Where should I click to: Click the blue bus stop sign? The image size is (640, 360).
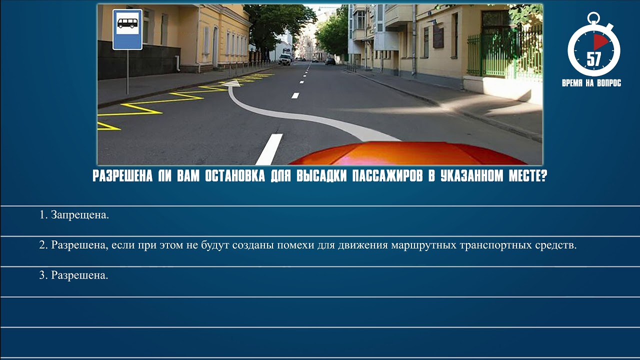pyautogui.click(x=127, y=29)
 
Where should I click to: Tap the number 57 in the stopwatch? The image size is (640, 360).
pyautogui.click(x=593, y=59)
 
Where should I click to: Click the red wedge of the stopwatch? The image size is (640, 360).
pyautogui.click(x=600, y=42)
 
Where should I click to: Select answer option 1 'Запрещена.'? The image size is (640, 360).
pyautogui.click(x=74, y=215)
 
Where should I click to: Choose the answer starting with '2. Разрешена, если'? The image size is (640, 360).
pyautogui.click(x=308, y=245)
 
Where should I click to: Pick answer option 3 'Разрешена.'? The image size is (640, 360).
pyautogui.click(x=74, y=275)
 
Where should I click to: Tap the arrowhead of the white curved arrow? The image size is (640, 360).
pyautogui.click(x=230, y=84)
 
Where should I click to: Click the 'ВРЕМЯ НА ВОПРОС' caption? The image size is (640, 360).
pyautogui.click(x=591, y=83)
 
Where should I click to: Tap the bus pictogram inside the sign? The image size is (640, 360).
pyautogui.click(x=127, y=23)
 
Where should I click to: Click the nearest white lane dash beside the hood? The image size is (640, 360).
pyautogui.click(x=269, y=148)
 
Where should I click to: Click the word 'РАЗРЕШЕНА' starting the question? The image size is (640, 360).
pyautogui.click(x=122, y=177)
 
